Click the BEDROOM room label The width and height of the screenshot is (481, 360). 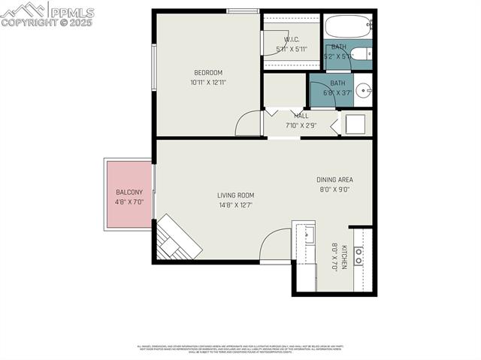(208, 73)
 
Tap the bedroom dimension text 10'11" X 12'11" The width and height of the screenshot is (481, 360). (208, 83)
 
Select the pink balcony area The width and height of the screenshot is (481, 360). (129, 195)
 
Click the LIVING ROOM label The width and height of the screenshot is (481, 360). (235, 195)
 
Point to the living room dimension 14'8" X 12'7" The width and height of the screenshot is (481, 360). (235, 204)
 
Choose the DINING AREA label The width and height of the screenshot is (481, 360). (334, 180)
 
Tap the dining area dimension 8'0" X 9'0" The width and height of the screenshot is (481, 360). (334, 189)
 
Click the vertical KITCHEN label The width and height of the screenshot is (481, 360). (344, 257)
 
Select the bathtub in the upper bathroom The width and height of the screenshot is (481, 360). (348, 27)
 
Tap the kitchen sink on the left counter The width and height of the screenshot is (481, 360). (308, 234)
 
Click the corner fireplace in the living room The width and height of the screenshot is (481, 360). (177, 239)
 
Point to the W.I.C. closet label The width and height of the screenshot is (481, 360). (292, 40)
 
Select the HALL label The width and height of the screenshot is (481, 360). (301, 116)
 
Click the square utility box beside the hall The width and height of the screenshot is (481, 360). (355, 123)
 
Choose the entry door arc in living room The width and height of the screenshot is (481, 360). (275, 245)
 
